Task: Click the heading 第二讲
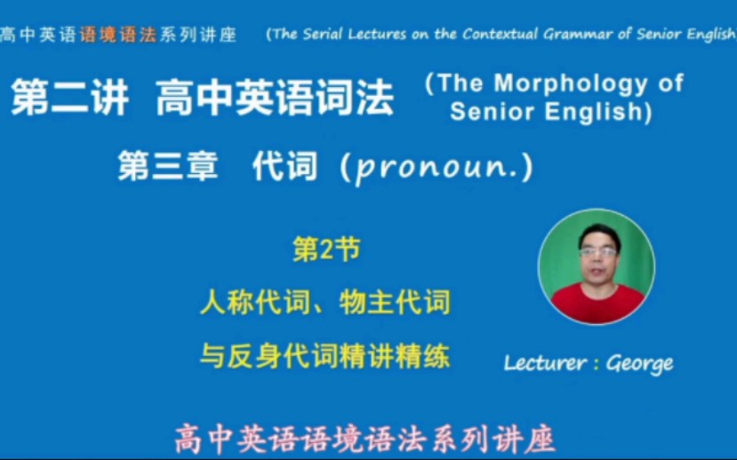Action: pyautogui.click(x=69, y=98)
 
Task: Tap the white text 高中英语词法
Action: pyautogui.click(x=274, y=98)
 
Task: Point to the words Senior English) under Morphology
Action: pyautogui.click(x=551, y=113)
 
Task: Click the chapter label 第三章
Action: pyautogui.click(x=168, y=166)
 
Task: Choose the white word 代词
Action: pyautogui.click(x=284, y=166)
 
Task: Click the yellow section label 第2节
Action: pyautogui.click(x=326, y=251)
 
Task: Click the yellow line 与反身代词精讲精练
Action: pyautogui.click(x=325, y=356)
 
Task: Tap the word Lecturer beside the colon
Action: pyautogui.click(x=544, y=362)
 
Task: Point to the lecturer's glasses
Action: pyautogui.click(x=597, y=252)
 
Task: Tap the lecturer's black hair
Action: pyautogui.click(x=598, y=233)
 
